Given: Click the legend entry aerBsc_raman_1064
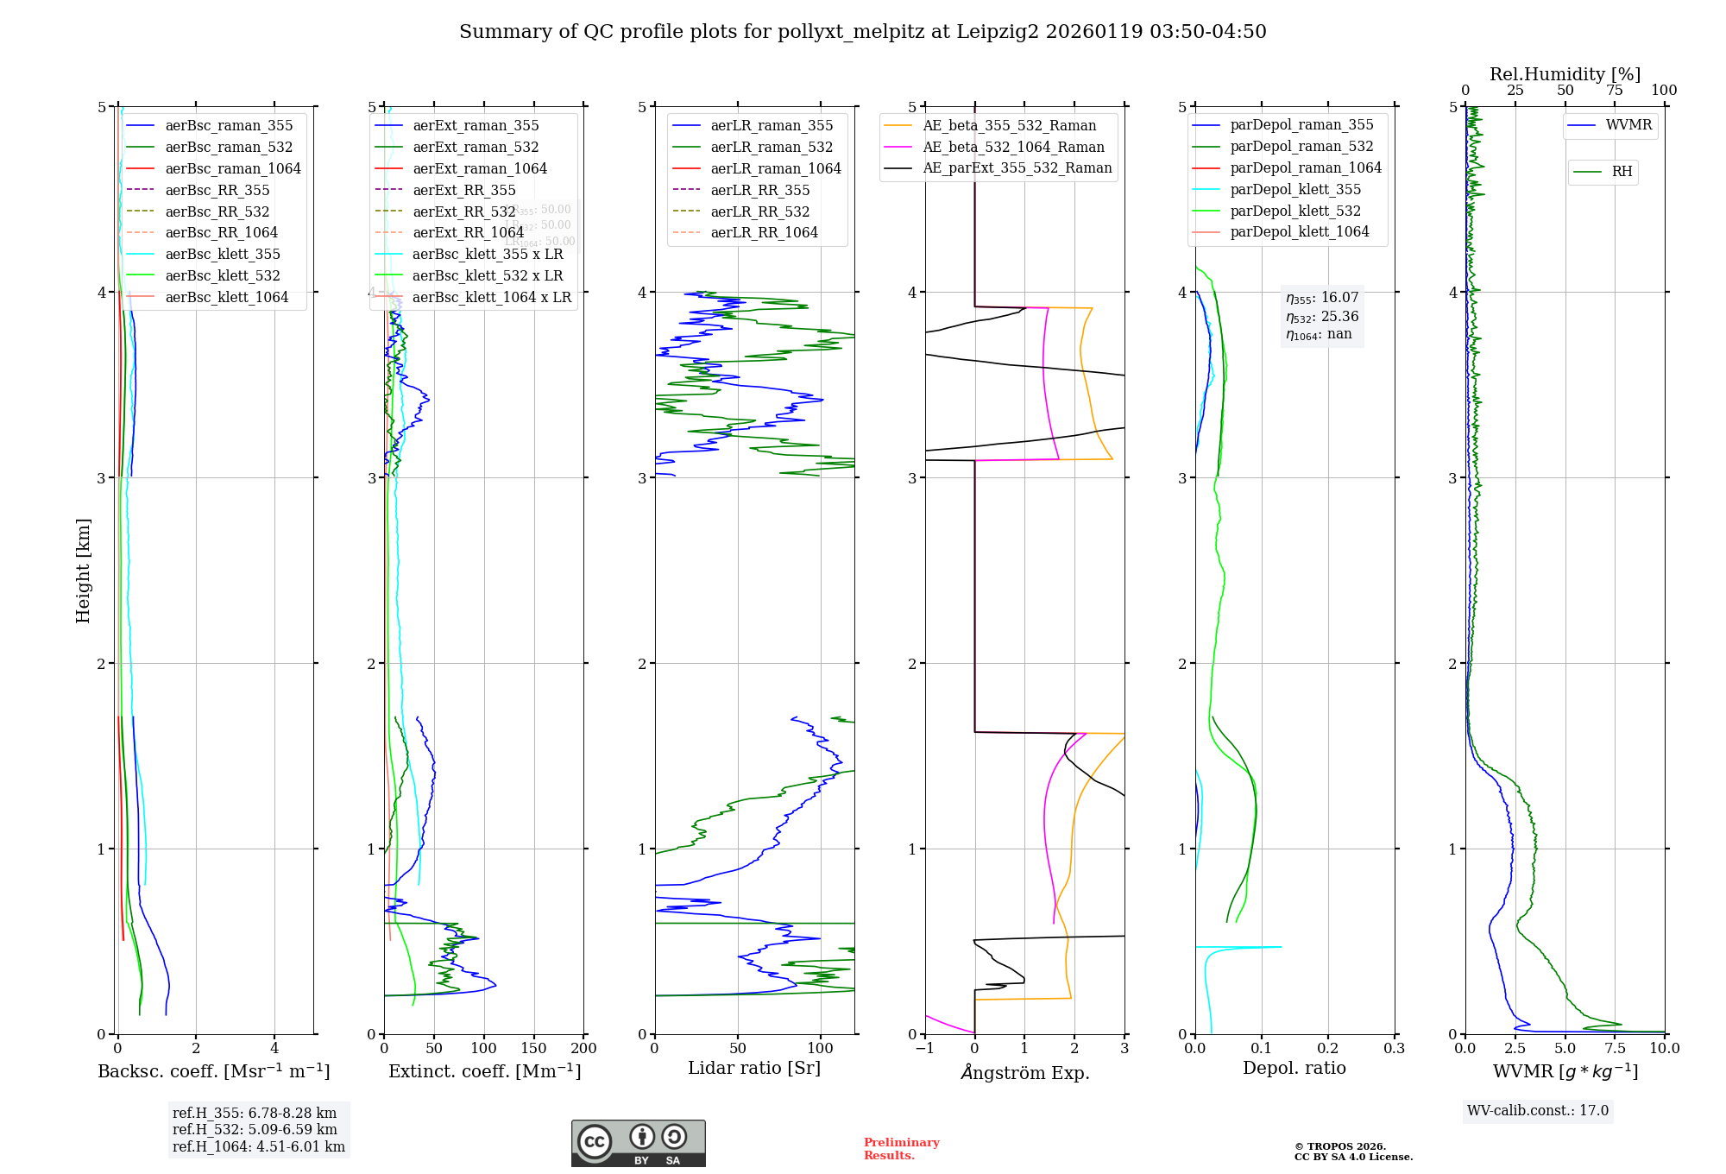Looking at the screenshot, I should [233, 168].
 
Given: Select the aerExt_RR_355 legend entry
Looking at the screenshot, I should [463, 190].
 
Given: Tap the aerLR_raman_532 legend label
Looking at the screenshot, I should [772, 147].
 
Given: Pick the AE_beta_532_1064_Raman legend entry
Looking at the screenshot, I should [1013, 147].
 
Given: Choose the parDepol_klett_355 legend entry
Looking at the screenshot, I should [1295, 189].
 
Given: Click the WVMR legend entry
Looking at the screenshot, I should [1628, 125].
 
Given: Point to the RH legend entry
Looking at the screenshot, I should [1622, 172].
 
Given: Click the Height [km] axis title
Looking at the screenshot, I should [83, 571].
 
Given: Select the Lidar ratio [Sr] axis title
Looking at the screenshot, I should [754, 1068].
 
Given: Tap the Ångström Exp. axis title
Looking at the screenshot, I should [1025, 1072].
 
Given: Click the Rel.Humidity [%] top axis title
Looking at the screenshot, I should [1565, 74].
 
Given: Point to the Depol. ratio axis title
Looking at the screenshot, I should [1294, 1068].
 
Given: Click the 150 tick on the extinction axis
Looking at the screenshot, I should [533, 1048].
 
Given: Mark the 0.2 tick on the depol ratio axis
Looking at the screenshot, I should [1327, 1048].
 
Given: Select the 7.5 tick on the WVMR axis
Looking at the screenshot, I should [1615, 1048].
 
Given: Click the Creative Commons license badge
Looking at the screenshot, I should [638, 1144].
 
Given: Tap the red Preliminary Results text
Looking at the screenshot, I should [901, 1149].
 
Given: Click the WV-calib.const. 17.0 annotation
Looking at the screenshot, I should [1538, 1110].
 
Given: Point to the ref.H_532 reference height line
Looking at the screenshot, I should [255, 1129].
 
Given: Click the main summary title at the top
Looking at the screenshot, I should [862, 32].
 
